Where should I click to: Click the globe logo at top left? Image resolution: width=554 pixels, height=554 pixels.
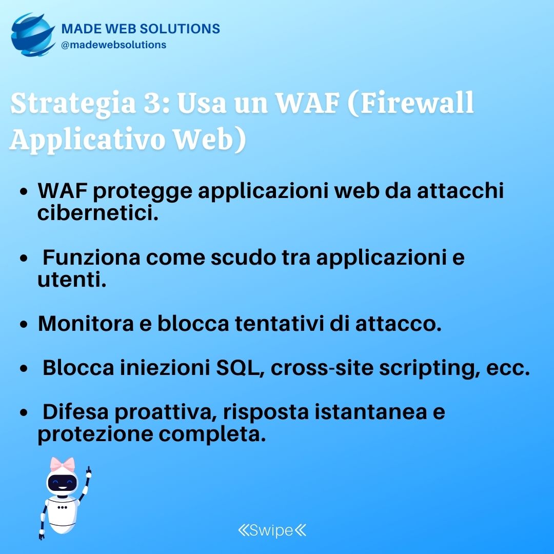(32, 35)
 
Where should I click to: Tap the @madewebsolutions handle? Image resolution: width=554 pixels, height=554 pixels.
(113, 45)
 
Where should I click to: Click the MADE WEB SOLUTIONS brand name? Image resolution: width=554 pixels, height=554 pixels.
(141, 29)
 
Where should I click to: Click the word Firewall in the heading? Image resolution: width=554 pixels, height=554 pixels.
(417, 103)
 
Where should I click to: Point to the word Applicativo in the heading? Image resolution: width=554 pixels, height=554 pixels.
(87, 140)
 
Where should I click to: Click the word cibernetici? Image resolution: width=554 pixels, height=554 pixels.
(98, 213)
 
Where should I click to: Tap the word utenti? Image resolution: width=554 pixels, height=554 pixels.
(72, 280)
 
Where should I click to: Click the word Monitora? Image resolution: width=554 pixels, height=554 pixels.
(86, 323)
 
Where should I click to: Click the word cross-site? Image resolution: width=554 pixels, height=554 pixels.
(322, 367)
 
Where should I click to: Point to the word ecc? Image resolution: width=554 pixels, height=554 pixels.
(508, 368)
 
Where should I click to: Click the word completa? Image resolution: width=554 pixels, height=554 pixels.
(212, 434)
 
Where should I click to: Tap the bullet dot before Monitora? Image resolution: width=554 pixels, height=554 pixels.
(24, 324)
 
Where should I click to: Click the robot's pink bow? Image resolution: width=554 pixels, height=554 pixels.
(63, 464)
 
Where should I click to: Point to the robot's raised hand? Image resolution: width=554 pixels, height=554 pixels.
(88, 472)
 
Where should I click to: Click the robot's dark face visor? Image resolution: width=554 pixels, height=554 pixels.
(62, 482)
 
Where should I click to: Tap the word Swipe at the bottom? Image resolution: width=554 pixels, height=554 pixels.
(271, 530)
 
